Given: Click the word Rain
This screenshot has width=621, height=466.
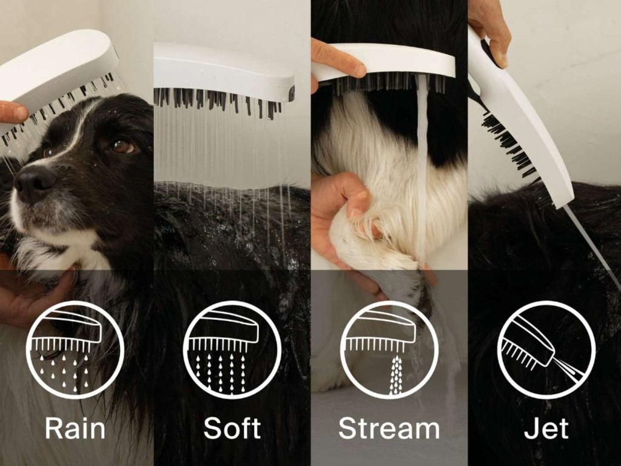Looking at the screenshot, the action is (75, 428).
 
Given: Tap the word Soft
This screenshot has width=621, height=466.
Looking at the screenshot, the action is (232, 428).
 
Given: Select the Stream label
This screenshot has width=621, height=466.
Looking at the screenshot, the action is (389, 428).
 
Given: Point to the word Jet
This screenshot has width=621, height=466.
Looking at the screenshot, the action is (546, 428).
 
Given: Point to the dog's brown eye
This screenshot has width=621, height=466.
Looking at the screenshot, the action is (122, 146).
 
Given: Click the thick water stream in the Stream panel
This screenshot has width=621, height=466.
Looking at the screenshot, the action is (423, 166).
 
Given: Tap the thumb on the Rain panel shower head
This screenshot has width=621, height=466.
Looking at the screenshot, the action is (13, 112).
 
